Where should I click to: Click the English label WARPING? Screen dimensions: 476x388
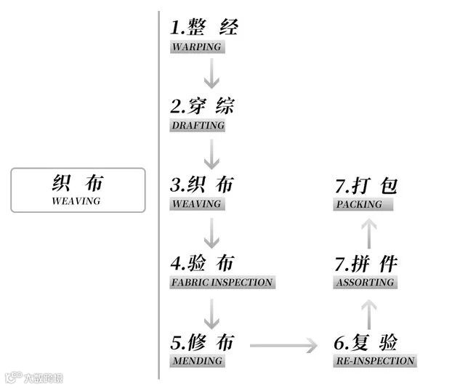coord(196,47)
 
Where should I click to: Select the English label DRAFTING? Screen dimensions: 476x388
coord(198,126)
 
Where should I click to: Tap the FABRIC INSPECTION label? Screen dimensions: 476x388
coord(222,282)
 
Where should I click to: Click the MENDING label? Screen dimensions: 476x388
coord(196,360)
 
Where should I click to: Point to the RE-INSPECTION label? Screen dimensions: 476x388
coord(374,360)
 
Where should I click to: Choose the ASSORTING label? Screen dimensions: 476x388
coord(365,282)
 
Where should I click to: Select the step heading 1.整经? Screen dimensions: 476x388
coord(204,28)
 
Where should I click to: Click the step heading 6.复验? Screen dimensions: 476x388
coord(366,341)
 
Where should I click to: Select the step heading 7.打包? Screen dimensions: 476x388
coord(366,185)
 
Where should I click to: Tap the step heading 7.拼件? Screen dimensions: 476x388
coord(366,263)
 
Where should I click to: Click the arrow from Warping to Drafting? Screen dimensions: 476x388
coord(211,74)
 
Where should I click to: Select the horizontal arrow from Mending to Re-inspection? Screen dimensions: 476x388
coord(283,344)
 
